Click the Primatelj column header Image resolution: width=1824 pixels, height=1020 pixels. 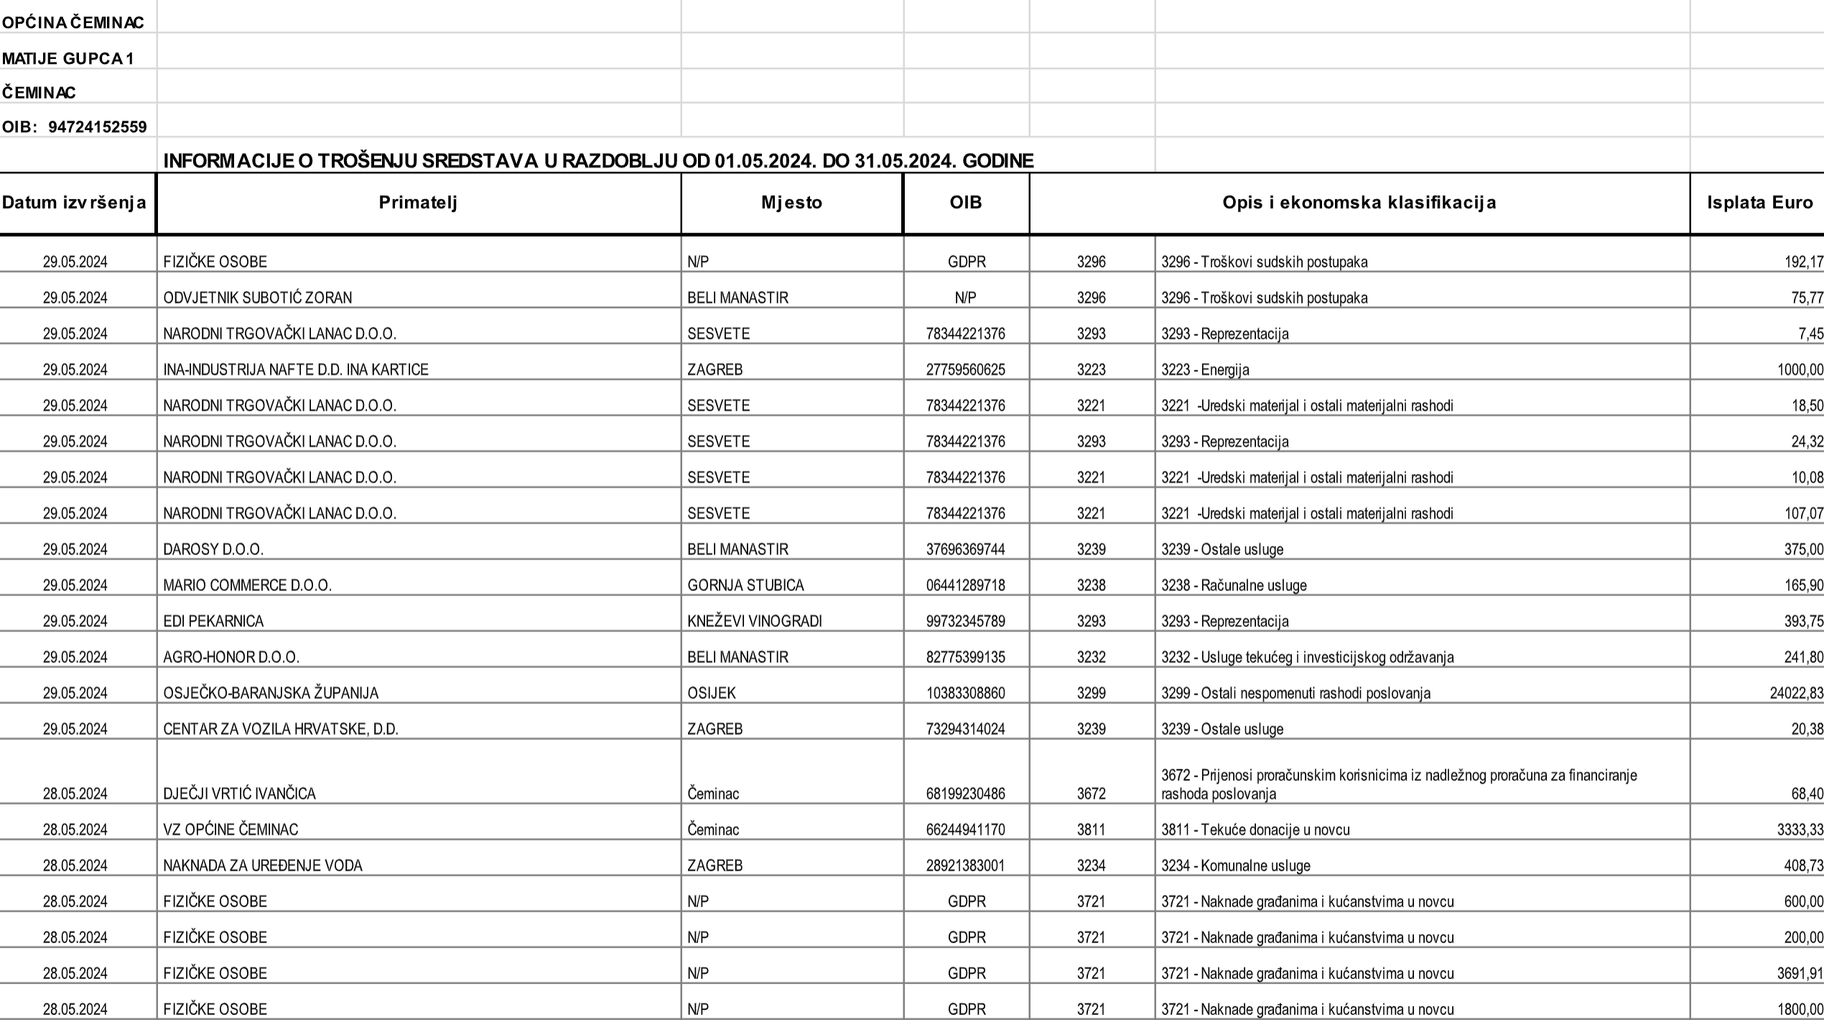pyautogui.click(x=418, y=203)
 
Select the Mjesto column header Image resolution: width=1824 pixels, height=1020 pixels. pyautogui.click(x=791, y=203)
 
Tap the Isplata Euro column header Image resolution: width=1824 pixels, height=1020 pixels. pyautogui.click(x=1759, y=203)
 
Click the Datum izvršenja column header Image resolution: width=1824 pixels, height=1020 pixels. pyautogui.click(x=75, y=203)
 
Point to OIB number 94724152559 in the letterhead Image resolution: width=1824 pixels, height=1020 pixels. pyautogui.click(x=98, y=127)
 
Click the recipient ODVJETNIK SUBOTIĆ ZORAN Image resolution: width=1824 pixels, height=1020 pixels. pyautogui.click(x=258, y=298)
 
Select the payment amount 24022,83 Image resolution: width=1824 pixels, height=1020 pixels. pyautogui.click(x=1796, y=693)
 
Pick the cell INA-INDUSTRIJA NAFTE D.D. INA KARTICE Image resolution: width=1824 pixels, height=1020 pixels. pyautogui.click(x=296, y=370)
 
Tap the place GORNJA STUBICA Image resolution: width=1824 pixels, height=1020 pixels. pyautogui.click(x=745, y=585)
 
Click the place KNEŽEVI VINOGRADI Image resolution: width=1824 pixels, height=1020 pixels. pyautogui.click(x=754, y=621)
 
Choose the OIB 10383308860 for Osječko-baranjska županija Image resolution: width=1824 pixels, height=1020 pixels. pyautogui.click(x=965, y=693)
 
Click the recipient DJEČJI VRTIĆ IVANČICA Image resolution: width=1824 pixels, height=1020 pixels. pyautogui.click(x=239, y=794)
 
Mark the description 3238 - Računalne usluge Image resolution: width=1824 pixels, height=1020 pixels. pyautogui.click(x=1234, y=585)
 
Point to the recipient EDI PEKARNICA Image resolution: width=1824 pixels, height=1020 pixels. pyautogui.click(x=213, y=621)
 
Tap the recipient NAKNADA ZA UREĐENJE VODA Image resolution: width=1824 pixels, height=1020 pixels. pyautogui.click(x=263, y=866)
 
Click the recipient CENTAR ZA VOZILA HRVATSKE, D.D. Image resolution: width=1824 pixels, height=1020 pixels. pyautogui.click(x=281, y=729)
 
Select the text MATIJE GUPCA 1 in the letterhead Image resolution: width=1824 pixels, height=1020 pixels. pyautogui.click(x=68, y=58)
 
